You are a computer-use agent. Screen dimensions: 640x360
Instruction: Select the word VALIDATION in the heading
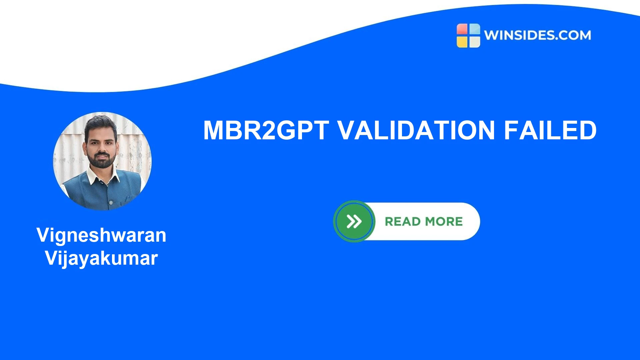(x=416, y=130)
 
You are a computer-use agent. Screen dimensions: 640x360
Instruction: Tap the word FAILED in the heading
(x=550, y=130)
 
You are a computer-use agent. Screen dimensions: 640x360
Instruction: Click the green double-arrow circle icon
(x=354, y=221)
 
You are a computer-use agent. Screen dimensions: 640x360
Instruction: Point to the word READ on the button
(x=403, y=222)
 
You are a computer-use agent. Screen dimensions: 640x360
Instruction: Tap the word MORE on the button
(x=444, y=222)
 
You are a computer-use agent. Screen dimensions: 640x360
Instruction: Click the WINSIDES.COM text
(x=537, y=35)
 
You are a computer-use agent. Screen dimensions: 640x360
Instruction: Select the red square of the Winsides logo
(x=462, y=29)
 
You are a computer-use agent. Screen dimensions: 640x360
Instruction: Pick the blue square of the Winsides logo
(x=475, y=29)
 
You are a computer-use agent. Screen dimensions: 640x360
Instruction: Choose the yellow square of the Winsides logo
(x=462, y=42)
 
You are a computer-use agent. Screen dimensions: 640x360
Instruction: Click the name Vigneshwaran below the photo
(x=101, y=235)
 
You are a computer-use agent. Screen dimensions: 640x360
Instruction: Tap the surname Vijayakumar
(x=101, y=258)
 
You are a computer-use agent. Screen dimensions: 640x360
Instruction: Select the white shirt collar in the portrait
(x=103, y=177)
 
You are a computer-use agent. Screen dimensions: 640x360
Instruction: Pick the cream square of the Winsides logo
(x=475, y=42)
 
